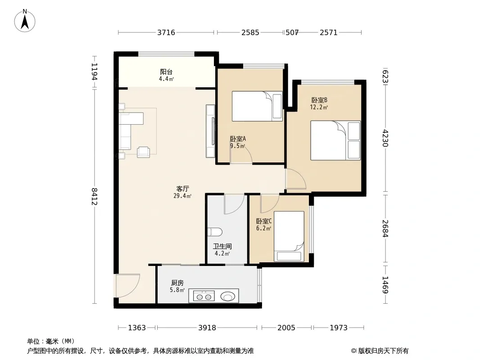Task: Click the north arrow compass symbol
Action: tap(24, 21)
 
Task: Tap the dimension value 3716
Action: tap(166, 32)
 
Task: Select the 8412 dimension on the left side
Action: tap(95, 196)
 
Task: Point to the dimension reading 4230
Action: tap(385, 138)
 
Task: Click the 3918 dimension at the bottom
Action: tap(207, 328)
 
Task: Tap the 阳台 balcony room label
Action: tap(166, 72)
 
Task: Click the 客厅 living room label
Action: tap(182, 189)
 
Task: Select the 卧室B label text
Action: tap(319, 100)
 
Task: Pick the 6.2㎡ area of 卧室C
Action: tap(263, 228)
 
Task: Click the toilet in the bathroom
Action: tap(215, 232)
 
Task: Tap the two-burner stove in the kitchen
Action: tap(204, 297)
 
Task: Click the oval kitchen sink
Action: tap(227, 297)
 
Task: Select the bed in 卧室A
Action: tap(257, 106)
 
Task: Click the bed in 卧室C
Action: tap(289, 236)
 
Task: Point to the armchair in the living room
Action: tap(143, 152)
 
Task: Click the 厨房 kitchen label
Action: tap(177, 283)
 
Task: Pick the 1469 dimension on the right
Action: tap(385, 285)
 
